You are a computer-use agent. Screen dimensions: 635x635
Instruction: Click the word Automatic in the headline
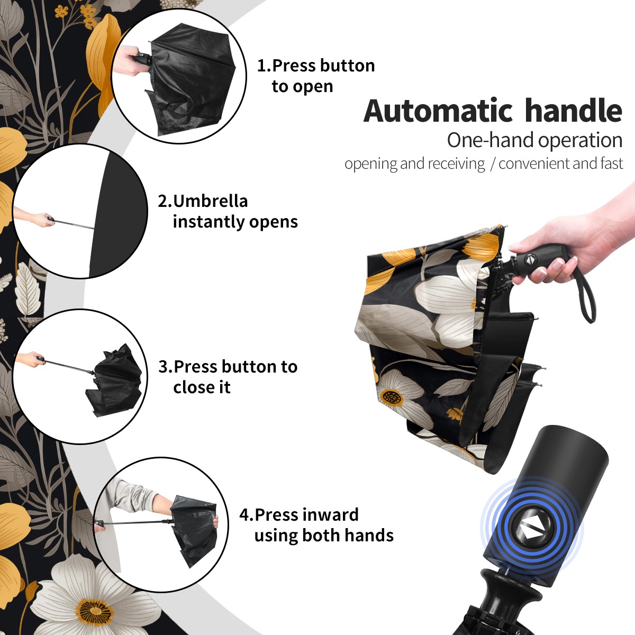coord(438,111)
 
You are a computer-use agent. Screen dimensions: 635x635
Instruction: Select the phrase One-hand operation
coord(534,140)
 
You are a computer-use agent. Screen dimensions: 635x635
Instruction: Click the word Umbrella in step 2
coord(210,201)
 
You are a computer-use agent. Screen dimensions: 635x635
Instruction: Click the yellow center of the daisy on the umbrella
coord(392,397)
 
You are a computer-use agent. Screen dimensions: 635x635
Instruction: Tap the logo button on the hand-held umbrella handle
coord(530,260)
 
